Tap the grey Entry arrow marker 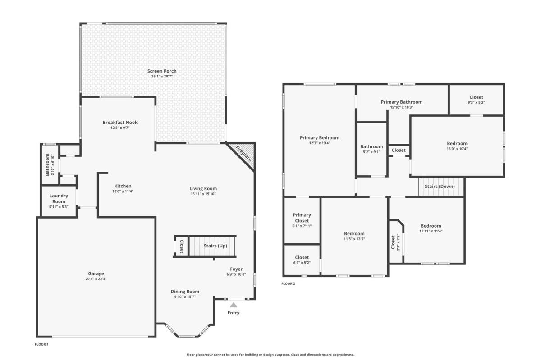(x=234, y=305)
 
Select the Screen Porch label (x=162, y=71)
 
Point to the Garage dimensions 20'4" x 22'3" (x=96, y=279)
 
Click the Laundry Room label (x=59, y=198)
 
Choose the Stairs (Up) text (x=215, y=246)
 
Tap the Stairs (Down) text (x=440, y=187)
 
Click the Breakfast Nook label (x=120, y=123)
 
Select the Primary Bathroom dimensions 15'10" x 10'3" (x=402, y=107)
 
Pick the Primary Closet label (x=302, y=218)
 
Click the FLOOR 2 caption (x=288, y=283)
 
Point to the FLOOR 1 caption (x=41, y=344)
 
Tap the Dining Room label (x=185, y=292)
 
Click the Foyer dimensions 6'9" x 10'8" (x=236, y=274)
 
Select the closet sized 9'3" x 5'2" (x=476, y=100)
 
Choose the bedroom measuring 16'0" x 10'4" (x=457, y=146)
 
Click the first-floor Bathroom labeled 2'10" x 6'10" (x=50, y=164)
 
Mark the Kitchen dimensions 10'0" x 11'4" (x=123, y=191)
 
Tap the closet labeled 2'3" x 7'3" (x=396, y=242)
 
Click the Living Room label (x=203, y=189)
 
